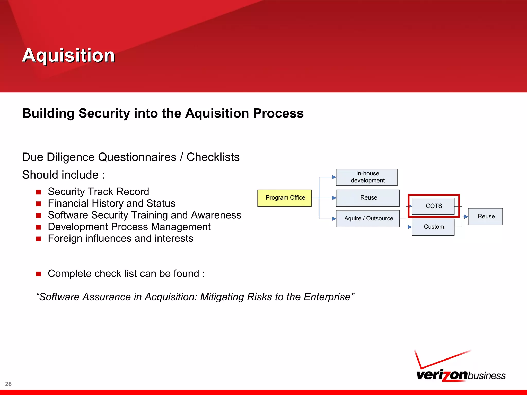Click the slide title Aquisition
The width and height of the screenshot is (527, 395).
[x=68, y=56]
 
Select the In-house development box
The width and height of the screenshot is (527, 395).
[x=367, y=177]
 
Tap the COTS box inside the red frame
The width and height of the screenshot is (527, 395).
[x=433, y=206]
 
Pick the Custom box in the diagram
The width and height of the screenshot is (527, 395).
[x=433, y=227]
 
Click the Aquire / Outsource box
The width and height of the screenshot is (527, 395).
[x=368, y=219]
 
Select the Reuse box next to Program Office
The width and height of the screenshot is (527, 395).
[x=368, y=198]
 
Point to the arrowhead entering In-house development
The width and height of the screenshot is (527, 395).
[x=334, y=177]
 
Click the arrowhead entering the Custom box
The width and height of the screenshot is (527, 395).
[x=410, y=227]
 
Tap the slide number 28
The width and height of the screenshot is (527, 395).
[x=8, y=384]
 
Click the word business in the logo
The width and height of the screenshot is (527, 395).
[x=486, y=376]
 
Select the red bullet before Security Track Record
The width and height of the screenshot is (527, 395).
[x=39, y=192]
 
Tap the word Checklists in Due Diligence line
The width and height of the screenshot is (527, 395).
[x=213, y=157]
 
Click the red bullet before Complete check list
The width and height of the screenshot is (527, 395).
[x=39, y=274]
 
